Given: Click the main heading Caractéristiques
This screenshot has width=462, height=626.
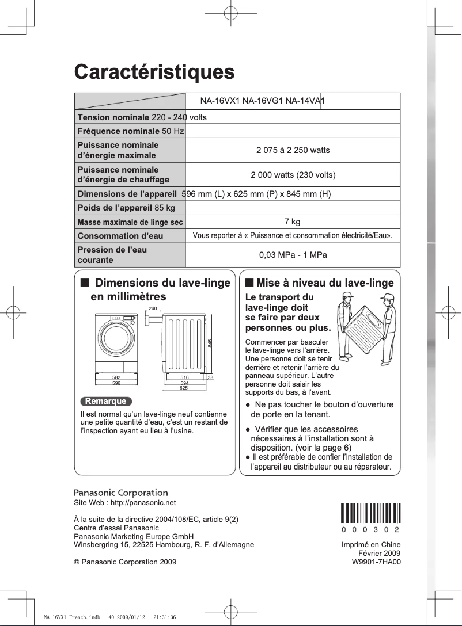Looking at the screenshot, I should point(154,73).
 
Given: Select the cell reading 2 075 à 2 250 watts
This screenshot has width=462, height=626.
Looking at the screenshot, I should point(293,150).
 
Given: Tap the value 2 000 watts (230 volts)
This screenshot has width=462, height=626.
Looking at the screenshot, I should point(293,175).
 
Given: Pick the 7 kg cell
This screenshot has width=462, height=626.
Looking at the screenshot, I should point(293,222).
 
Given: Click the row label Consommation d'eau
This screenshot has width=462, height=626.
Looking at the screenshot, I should point(120,236).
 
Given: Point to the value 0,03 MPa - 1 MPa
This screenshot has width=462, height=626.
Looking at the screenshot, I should point(293,255).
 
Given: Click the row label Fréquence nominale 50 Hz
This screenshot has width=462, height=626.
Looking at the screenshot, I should point(130,131).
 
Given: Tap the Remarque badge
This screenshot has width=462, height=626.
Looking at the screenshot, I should point(105,401).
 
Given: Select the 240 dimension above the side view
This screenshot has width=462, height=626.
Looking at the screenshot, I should point(153,309).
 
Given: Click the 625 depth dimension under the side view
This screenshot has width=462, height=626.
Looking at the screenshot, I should point(184,388).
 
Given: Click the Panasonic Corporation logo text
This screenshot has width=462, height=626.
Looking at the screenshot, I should point(121,493).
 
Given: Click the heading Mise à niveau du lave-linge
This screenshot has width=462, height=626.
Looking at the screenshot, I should point(320,283).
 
